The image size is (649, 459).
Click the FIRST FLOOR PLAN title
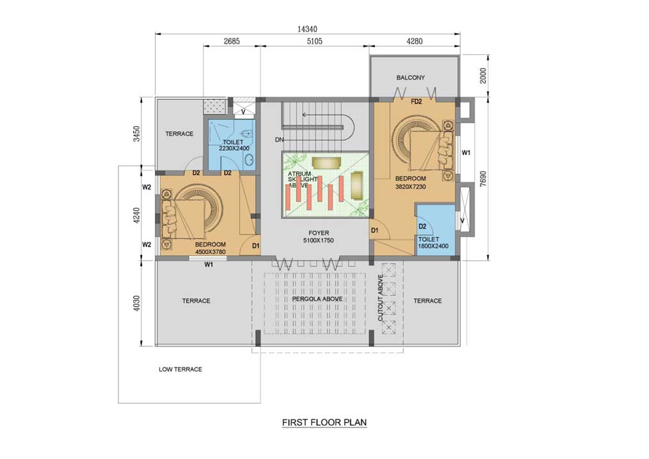pyautogui.click(x=324, y=422)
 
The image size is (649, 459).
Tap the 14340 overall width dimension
pyautogui.click(x=307, y=29)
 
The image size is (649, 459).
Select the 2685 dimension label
pyautogui.click(x=232, y=41)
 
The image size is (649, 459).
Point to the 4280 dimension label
pyautogui.click(x=414, y=41)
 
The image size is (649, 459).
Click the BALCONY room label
pyautogui.click(x=410, y=77)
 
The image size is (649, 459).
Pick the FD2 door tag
pyautogui.click(x=416, y=101)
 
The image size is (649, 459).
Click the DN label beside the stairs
pyautogui.click(x=280, y=140)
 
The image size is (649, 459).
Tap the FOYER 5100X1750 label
pyautogui.click(x=318, y=237)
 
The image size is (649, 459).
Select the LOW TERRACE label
pyautogui.click(x=180, y=369)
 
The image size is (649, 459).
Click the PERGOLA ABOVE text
pyautogui.click(x=317, y=299)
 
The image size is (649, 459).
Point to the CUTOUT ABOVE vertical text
pyautogui.click(x=380, y=298)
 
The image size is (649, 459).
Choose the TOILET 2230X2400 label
pyautogui.click(x=234, y=145)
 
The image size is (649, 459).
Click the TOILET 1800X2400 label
pyautogui.click(x=433, y=243)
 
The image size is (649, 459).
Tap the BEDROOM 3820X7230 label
pyautogui.click(x=410, y=182)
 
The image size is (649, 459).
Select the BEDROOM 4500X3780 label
pyautogui.click(x=211, y=248)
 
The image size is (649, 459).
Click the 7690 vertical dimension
pyautogui.click(x=483, y=179)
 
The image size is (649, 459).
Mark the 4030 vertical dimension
pyautogui.click(x=137, y=303)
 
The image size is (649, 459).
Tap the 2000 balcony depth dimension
pyautogui.click(x=483, y=76)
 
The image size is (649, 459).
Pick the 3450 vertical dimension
pyautogui.click(x=137, y=134)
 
